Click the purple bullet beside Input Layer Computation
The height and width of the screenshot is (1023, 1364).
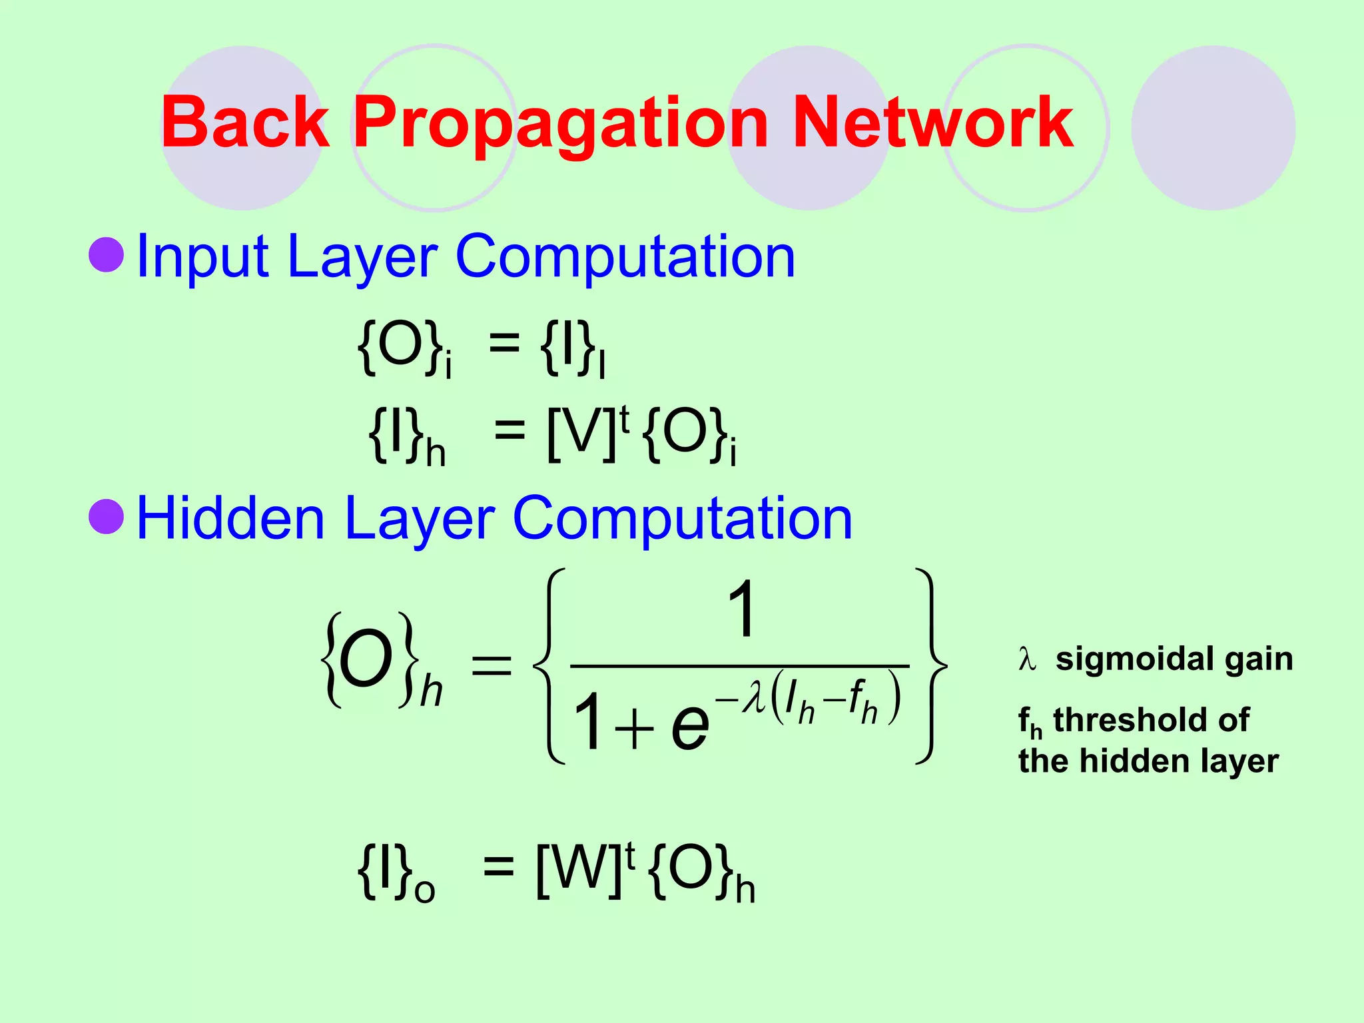coord(107,254)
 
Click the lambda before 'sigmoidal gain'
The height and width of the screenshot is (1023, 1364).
coord(1028,659)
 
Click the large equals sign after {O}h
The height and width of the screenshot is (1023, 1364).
coord(492,665)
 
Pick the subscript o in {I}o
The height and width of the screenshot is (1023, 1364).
coord(424,890)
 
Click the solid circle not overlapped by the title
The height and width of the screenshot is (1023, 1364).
coord(1213,128)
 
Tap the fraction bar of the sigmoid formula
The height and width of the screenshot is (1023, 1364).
coord(739,665)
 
